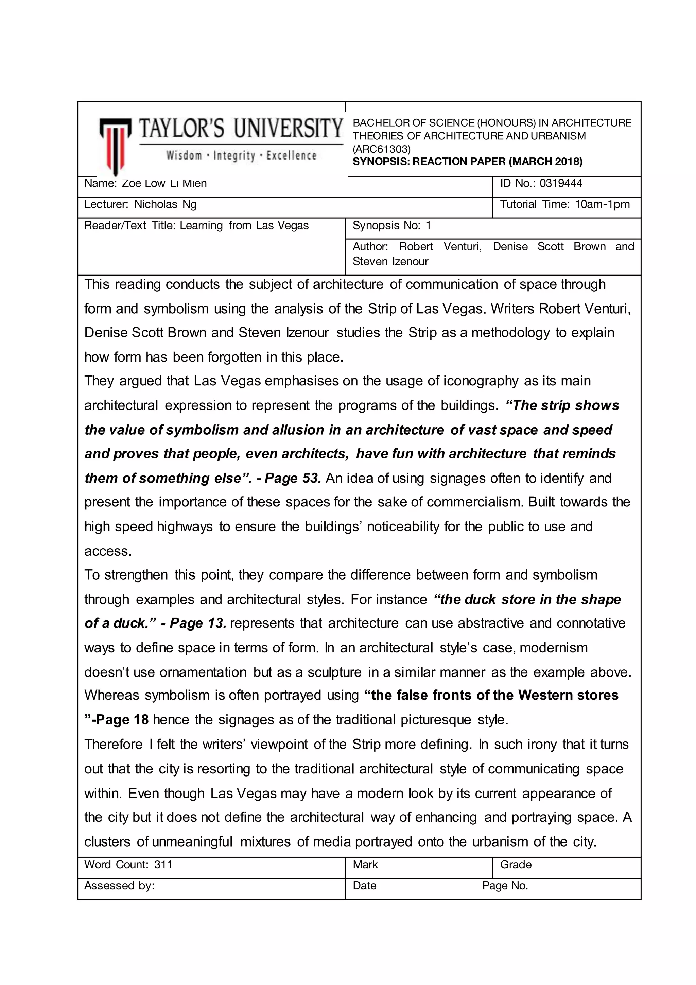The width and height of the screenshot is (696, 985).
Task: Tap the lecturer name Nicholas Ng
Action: click(x=165, y=205)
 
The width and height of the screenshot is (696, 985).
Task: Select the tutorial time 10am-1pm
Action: click(x=602, y=205)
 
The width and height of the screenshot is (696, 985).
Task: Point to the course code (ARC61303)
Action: click(x=381, y=149)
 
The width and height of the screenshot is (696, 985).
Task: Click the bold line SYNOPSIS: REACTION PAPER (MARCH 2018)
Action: click(x=467, y=162)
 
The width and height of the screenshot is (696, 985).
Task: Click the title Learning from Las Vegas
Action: click(x=244, y=226)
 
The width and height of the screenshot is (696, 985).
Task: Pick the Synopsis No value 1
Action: click(x=428, y=226)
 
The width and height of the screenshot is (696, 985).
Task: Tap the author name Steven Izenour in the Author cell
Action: click(x=390, y=262)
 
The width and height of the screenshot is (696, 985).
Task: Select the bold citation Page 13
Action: click(x=197, y=623)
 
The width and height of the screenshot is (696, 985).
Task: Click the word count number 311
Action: click(x=163, y=865)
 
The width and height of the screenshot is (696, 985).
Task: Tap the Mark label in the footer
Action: click(x=365, y=865)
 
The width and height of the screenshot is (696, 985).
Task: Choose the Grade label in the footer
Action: click(x=516, y=865)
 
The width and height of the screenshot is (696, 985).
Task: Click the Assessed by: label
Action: click(x=119, y=885)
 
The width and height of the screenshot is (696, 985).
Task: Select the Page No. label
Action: click(x=505, y=885)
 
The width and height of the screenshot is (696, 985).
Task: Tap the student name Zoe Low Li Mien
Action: click(x=164, y=184)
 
